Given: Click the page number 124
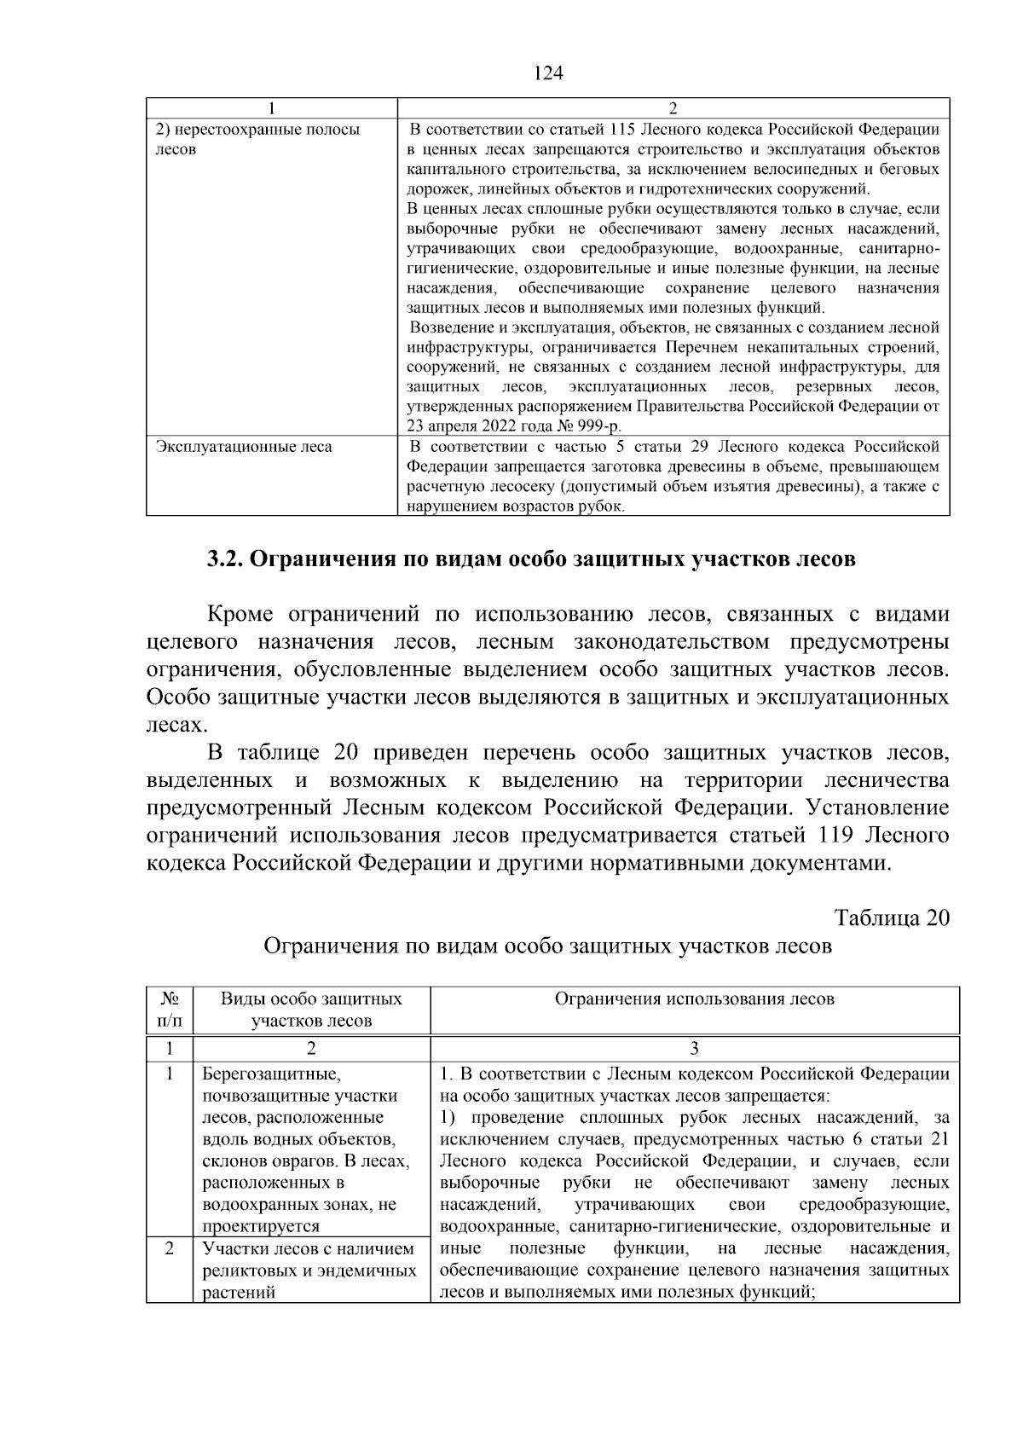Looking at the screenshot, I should pyautogui.click(x=548, y=73).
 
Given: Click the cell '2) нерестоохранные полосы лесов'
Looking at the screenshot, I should pyautogui.click(x=257, y=140).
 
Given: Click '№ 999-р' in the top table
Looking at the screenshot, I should pyautogui.click(x=589, y=427).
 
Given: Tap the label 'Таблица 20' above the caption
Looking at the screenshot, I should pyautogui.click(x=891, y=918).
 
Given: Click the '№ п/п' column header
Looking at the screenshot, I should pyautogui.click(x=169, y=1010).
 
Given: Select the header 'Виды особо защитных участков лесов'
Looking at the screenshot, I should pyautogui.click(x=311, y=1010).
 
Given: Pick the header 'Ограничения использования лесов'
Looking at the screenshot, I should pyautogui.click(x=694, y=999).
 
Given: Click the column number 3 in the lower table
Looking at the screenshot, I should pyautogui.click(x=694, y=1048).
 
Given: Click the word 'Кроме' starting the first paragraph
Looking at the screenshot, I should pyautogui.click(x=240, y=615).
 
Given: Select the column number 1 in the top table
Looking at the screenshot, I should pyautogui.click(x=271, y=108).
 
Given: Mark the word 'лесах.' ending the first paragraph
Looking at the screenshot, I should pyautogui.click(x=176, y=726).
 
